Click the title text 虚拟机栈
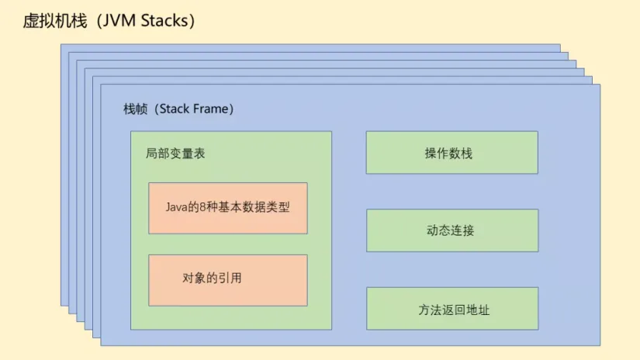pyautogui.click(x=54, y=21)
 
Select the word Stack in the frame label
pyautogui.click(x=176, y=109)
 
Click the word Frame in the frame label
pyautogui.click(x=211, y=109)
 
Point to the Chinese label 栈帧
pyautogui.click(x=134, y=109)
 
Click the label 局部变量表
pyautogui.click(x=175, y=154)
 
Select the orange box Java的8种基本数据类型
pyautogui.click(x=228, y=208)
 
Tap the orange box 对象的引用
pyautogui.click(x=228, y=280)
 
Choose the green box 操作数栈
pyautogui.click(x=451, y=153)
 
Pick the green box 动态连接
pyautogui.click(x=451, y=230)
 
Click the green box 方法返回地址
pyautogui.click(x=451, y=310)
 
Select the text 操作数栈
pyautogui.click(x=448, y=154)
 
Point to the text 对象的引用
pyautogui.click(x=212, y=278)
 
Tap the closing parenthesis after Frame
pyautogui.click(x=231, y=109)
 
